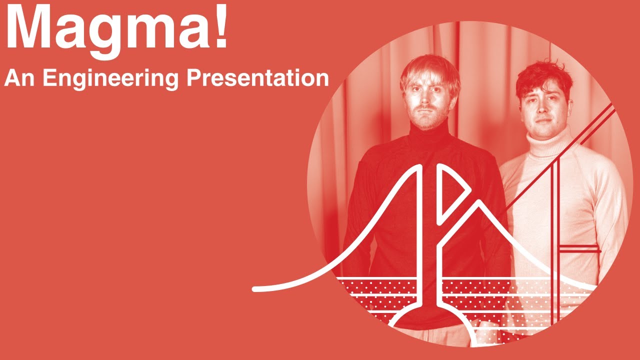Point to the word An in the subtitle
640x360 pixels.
pyautogui.click(x=20, y=78)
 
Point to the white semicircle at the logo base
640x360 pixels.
pyautogui.click(x=430, y=320)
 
